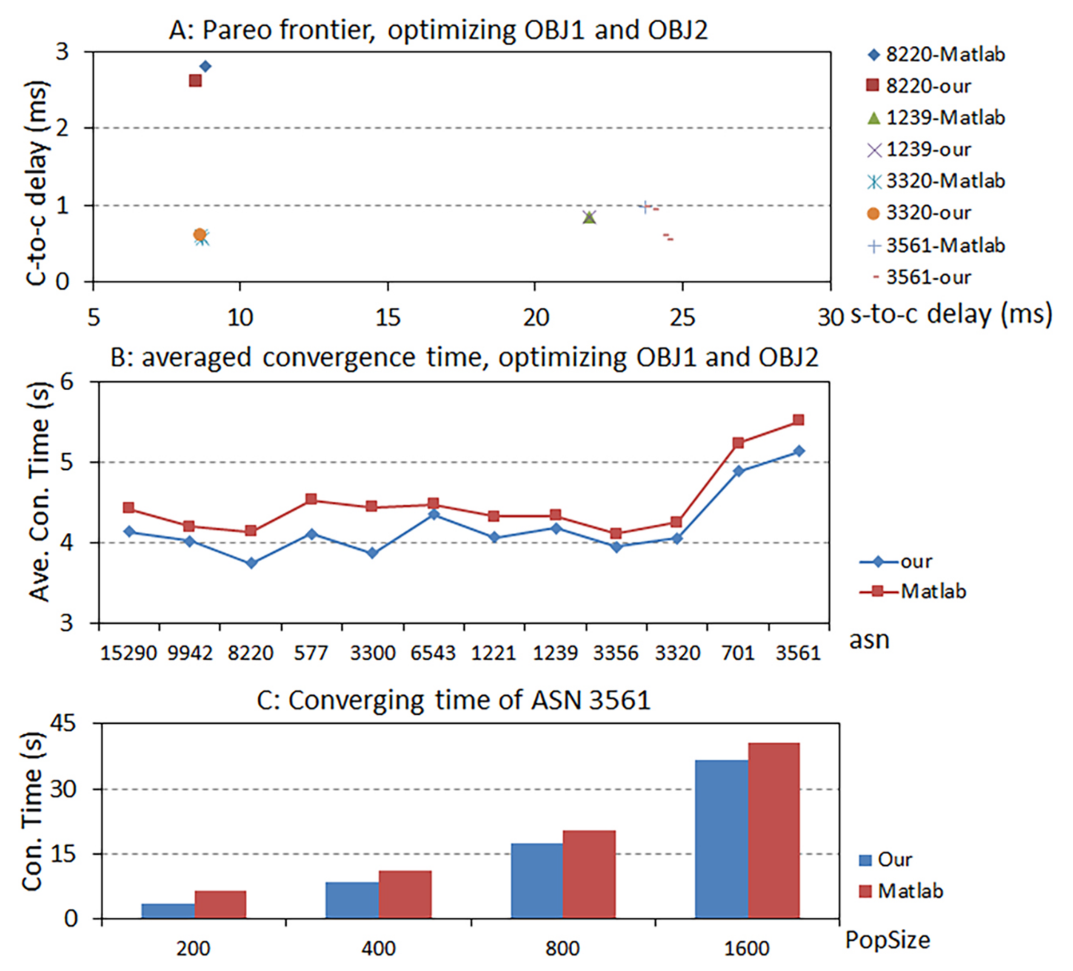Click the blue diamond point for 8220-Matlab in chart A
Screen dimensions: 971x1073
point(205,66)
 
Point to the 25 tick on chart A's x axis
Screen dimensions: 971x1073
point(682,318)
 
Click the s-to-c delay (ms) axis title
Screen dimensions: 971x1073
point(951,314)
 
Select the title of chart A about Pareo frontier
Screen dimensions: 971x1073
point(438,30)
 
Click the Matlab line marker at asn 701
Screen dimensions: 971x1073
point(738,442)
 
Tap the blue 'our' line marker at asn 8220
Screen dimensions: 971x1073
point(251,563)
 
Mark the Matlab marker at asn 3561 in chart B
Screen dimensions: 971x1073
point(798,420)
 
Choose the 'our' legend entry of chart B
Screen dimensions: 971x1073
point(900,561)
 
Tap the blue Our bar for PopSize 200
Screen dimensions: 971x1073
point(168,910)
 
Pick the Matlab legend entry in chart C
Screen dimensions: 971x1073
point(902,891)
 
